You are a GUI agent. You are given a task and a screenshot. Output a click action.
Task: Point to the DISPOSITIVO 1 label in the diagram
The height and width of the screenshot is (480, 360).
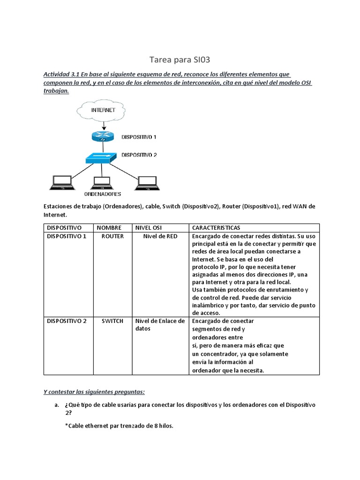139,137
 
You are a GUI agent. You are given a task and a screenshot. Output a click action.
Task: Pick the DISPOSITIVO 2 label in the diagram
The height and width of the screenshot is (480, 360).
139,154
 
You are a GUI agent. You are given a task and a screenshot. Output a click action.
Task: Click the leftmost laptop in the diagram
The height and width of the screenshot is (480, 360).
61,182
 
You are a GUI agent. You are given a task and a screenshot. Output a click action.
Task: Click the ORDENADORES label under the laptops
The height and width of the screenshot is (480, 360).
103,194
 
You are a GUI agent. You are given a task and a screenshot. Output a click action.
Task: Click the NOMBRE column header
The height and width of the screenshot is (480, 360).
109,228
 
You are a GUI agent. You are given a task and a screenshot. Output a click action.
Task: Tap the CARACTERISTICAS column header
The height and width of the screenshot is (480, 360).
216,228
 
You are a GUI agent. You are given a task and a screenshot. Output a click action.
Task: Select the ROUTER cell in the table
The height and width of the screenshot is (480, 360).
112,236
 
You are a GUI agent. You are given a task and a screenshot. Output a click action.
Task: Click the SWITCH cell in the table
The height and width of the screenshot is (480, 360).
112,321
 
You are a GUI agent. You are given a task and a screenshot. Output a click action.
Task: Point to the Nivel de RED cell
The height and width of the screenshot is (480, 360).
160,236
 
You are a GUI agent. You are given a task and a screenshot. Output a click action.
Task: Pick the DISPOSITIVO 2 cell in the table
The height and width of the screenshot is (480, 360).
67,321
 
